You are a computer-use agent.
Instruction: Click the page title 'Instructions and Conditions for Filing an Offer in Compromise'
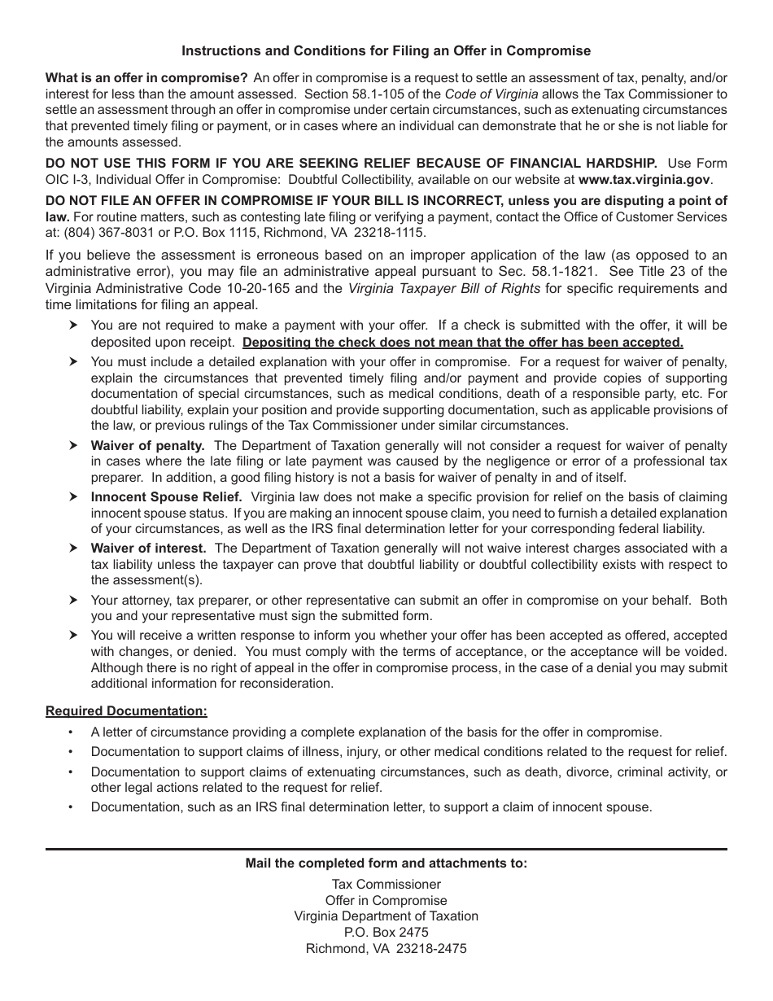click(386, 50)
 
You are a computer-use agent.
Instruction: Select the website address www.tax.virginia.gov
click(644, 179)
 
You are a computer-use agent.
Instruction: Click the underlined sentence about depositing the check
click(463, 343)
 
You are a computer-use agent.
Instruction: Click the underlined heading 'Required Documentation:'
click(126, 711)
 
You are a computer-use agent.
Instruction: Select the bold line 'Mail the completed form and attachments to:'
click(386, 863)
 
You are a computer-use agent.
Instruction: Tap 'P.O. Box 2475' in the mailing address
click(386, 933)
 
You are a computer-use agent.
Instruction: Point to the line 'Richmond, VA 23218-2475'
click(386, 949)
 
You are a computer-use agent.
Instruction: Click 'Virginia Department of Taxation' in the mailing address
click(386, 916)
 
